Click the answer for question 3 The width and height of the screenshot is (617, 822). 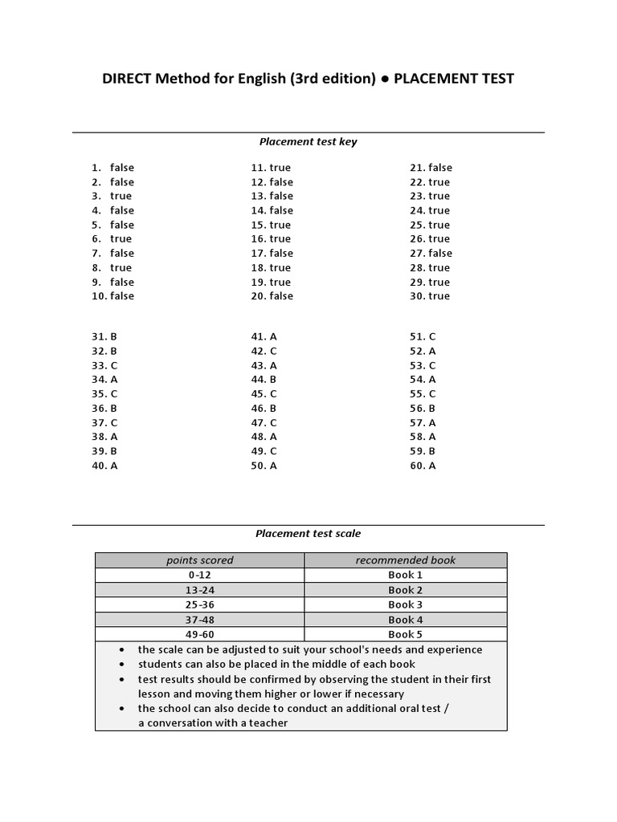(x=121, y=196)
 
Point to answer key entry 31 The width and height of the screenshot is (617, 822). (x=104, y=337)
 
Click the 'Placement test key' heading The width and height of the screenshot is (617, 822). (x=308, y=142)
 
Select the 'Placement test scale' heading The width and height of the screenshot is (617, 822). (x=308, y=533)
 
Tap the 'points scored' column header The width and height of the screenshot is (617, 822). (x=199, y=560)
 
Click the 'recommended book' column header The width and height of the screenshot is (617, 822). (x=405, y=560)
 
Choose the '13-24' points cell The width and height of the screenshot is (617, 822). (x=199, y=590)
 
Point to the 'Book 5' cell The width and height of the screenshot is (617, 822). (x=405, y=634)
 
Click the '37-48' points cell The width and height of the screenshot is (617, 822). (x=199, y=620)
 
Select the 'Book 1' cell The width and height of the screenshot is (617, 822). (x=405, y=575)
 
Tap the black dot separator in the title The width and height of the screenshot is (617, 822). (x=386, y=79)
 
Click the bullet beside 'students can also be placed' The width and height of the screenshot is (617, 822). (x=121, y=665)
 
